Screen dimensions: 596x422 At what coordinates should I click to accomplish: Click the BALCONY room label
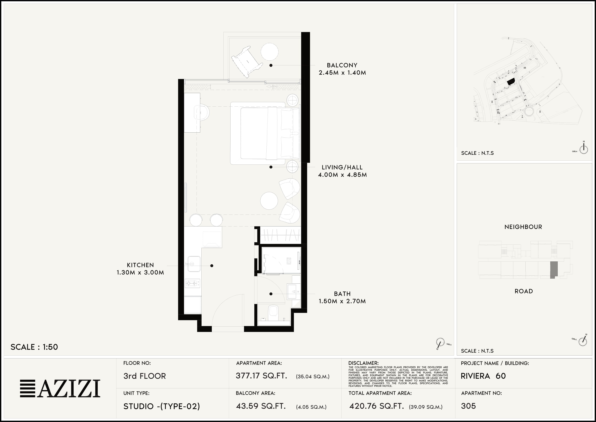pos(342,65)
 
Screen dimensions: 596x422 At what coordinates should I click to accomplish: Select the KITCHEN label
pos(140,265)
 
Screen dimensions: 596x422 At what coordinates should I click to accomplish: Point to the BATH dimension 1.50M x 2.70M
pos(342,301)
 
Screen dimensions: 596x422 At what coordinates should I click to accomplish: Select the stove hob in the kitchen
pos(192,283)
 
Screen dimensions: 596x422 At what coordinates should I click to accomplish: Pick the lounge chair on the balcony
pos(246,62)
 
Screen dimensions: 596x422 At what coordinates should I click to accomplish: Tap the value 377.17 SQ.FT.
pos(261,376)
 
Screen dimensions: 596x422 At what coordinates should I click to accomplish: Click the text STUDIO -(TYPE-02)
pos(161,406)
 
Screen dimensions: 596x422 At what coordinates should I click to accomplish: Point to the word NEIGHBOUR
pos(523,227)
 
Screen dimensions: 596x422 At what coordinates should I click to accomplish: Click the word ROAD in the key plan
pos(524,291)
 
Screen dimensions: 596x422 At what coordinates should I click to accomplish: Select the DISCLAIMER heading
pos(363,363)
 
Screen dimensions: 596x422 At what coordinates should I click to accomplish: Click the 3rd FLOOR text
pos(144,376)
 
